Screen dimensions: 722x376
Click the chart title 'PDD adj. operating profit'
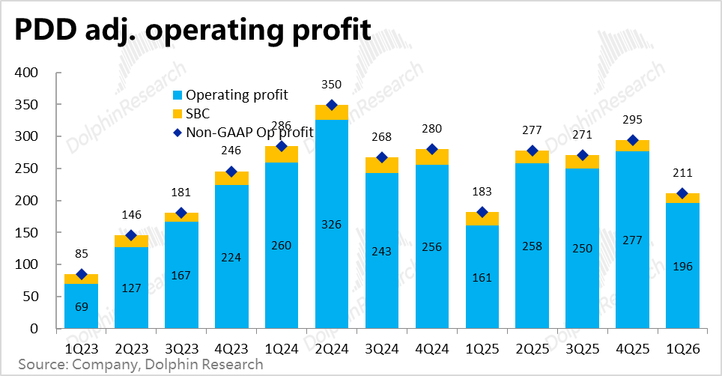(x=192, y=30)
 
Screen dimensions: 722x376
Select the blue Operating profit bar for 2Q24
(x=332, y=224)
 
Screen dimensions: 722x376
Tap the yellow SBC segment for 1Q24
(x=282, y=154)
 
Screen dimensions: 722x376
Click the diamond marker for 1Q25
(x=482, y=212)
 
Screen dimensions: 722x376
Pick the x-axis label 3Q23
(x=181, y=349)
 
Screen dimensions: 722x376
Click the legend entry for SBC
(x=191, y=114)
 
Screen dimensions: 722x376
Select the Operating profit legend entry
(x=230, y=95)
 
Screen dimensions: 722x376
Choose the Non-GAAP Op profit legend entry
(x=243, y=133)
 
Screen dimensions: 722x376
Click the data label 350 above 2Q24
(x=332, y=85)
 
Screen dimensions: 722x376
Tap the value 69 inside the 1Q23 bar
(x=82, y=307)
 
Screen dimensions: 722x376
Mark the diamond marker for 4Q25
(x=633, y=140)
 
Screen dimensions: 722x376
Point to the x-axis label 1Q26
(x=683, y=349)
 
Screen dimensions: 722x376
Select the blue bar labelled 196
(x=683, y=266)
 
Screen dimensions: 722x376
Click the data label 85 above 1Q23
(x=82, y=254)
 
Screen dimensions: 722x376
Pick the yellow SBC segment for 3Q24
(x=382, y=166)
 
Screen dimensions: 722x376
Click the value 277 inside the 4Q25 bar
(x=633, y=240)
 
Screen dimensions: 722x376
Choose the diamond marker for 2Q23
(x=131, y=236)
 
